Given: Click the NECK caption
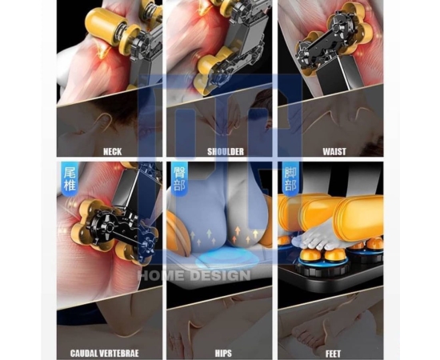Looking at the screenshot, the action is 113,151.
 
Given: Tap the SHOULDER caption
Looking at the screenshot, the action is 226,151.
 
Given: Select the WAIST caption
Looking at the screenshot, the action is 334,151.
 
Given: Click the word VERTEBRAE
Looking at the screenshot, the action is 121,353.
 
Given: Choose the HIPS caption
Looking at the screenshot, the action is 223,353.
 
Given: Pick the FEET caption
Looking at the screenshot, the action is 333,354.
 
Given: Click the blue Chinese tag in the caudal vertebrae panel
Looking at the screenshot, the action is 70,178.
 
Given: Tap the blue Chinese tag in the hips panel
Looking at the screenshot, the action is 179,178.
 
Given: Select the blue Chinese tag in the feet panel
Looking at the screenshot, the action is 290,179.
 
